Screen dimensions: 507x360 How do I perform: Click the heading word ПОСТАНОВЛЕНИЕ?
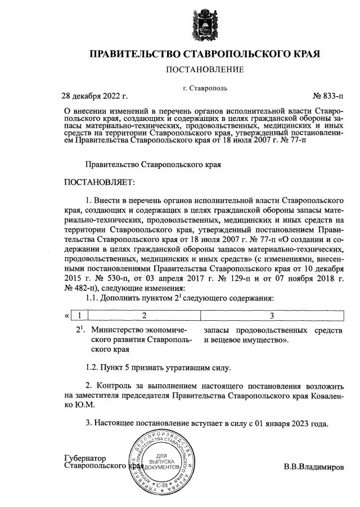[x=205, y=70]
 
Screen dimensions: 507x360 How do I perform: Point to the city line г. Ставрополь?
[x=205, y=88]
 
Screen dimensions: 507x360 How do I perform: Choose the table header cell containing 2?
[x=144, y=315]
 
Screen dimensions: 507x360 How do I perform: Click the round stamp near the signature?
[x=162, y=457]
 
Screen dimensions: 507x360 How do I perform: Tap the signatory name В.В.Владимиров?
[x=313, y=466]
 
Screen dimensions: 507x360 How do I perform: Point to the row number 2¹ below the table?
[x=79, y=330]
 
